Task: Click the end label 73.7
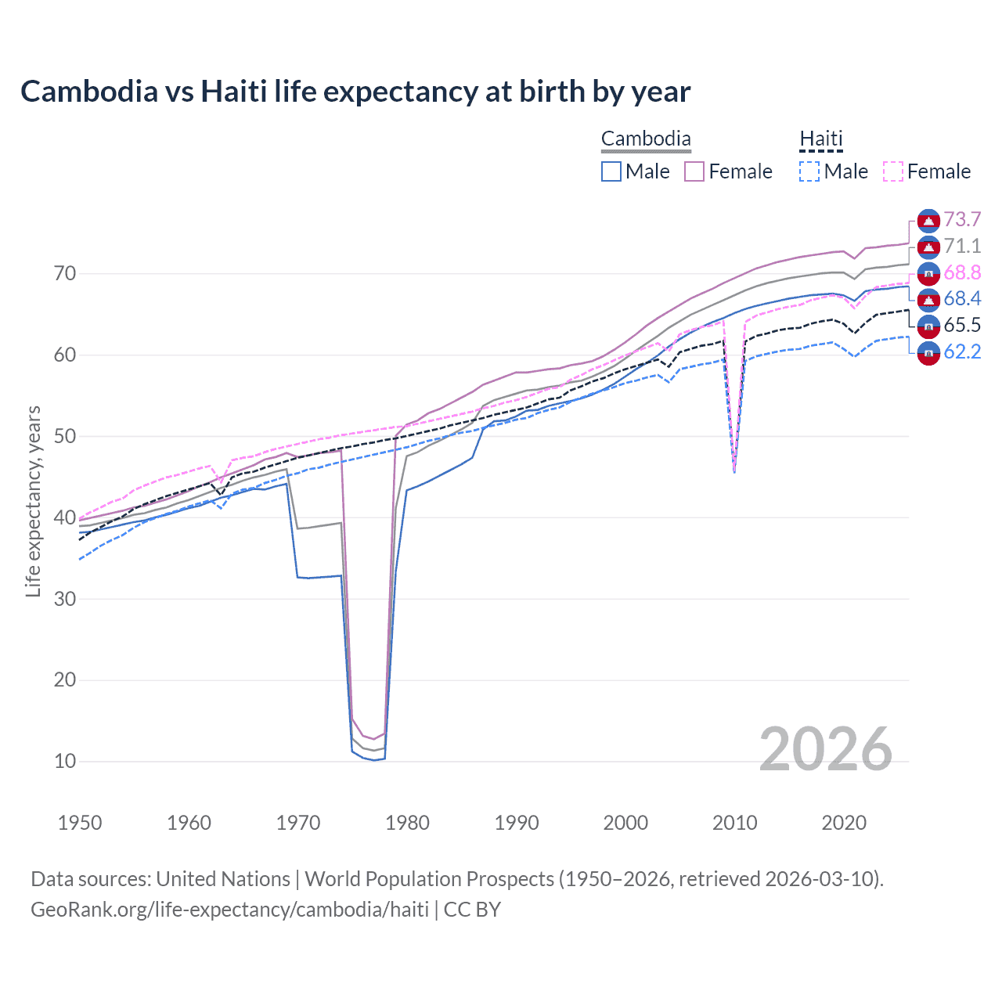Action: click(x=962, y=220)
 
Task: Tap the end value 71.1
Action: click(x=962, y=247)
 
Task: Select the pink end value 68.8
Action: click(x=962, y=273)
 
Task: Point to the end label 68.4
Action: click(x=962, y=299)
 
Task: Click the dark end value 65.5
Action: click(x=962, y=326)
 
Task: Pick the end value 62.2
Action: click(x=962, y=352)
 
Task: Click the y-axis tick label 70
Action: click(x=65, y=274)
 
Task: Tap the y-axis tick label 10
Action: click(x=65, y=761)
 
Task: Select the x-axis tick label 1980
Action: click(x=407, y=823)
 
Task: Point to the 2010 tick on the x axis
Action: click(x=734, y=823)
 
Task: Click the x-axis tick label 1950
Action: click(x=80, y=823)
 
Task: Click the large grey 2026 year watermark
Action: click(x=825, y=749)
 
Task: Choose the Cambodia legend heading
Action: click(x=646, y=139)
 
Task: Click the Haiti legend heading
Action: click(x=820, y=139)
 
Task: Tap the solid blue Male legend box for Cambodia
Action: click(x=611, y=171)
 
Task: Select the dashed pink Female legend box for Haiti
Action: click(x=893, y=171)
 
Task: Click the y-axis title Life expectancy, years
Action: click(x=34, y=501)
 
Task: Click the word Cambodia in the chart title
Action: click(x=89, y=92)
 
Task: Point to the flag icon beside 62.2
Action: click(x=928, y=353)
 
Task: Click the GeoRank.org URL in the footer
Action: click(x=229, y=910)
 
